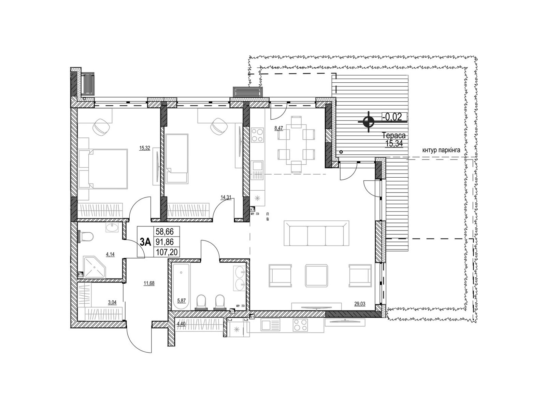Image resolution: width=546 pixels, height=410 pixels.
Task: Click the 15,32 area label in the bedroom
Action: [x=145, y=148]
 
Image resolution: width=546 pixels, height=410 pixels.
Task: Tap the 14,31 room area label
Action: [x=226, y=197]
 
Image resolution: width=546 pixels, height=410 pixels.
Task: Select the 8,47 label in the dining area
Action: [x=278, y=128]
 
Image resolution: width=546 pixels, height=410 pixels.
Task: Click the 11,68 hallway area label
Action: [x=149, y=283]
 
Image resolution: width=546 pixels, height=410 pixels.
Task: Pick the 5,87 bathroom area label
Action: [x=181, y=300]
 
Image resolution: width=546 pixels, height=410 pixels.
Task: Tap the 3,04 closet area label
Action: [x=112, y=302]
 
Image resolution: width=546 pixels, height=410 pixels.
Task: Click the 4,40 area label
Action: [x=181, y=324]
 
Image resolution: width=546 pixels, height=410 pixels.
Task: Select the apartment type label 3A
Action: [x=145, y=242]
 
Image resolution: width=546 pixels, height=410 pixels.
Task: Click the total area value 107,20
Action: [x=167, y=252]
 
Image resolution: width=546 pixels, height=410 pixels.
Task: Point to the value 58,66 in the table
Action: [x=164, y=232]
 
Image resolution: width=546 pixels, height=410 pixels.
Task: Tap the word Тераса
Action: [x=394, y=136]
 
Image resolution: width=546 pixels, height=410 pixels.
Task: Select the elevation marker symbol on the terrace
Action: [x=369, y=122]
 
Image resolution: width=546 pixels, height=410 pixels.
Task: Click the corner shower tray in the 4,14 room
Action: [x=95, y=267]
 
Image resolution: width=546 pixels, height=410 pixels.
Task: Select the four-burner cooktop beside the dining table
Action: [x=257, y=135]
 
